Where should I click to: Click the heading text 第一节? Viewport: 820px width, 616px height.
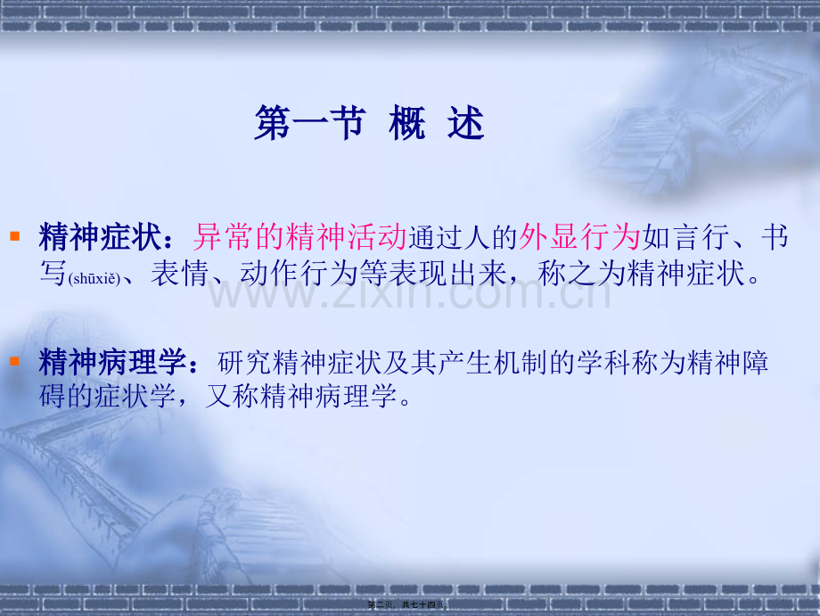(x=308, y=125)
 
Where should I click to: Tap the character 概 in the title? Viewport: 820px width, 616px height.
(x=407, y=125)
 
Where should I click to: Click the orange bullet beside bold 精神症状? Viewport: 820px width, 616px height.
(x=14, y=236)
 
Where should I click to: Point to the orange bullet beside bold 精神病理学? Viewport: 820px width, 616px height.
(x=14, y=362)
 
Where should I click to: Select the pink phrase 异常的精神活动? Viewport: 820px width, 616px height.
(x=299, y=237)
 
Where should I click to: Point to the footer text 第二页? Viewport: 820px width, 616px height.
(x=383, y=605)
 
